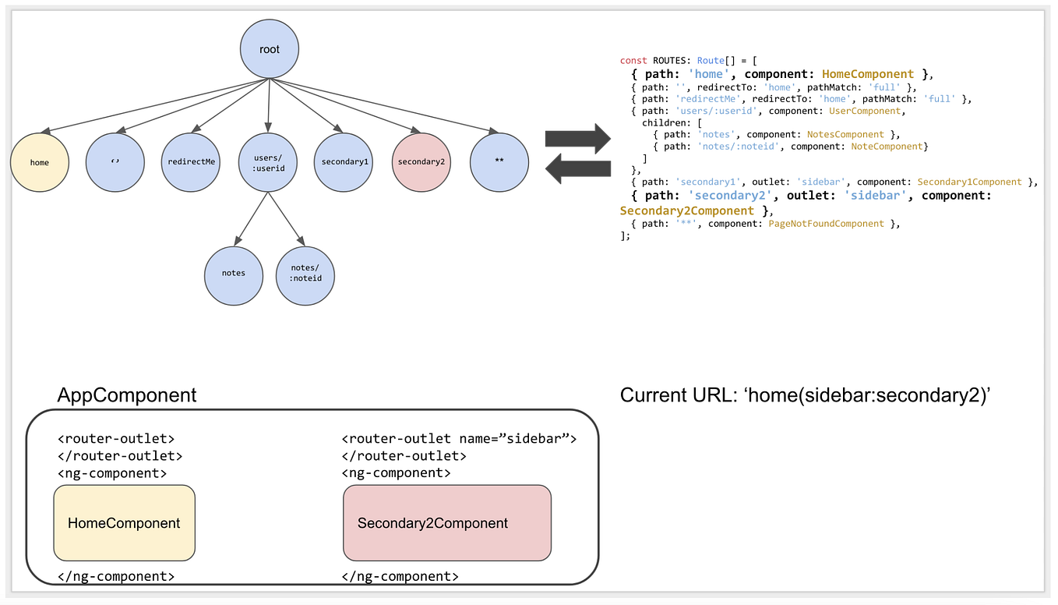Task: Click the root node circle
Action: tap(269, 50)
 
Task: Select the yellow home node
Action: tap(39, 162)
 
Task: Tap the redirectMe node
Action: tap(192, 162)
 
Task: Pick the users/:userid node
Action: tap(268, 162)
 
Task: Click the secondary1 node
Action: tap(344, 162)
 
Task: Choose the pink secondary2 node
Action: tap(421, 162)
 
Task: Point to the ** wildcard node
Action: tap(499, 162)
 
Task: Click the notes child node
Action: tap(233, 273)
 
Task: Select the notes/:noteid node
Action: tap(305, 273)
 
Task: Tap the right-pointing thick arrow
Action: tap(577, 138)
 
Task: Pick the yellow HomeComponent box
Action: tap(124, 523)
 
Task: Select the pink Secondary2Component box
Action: tap(446, 523)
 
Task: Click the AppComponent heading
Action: tap(127, 395)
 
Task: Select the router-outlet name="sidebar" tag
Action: tap(459, 439)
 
